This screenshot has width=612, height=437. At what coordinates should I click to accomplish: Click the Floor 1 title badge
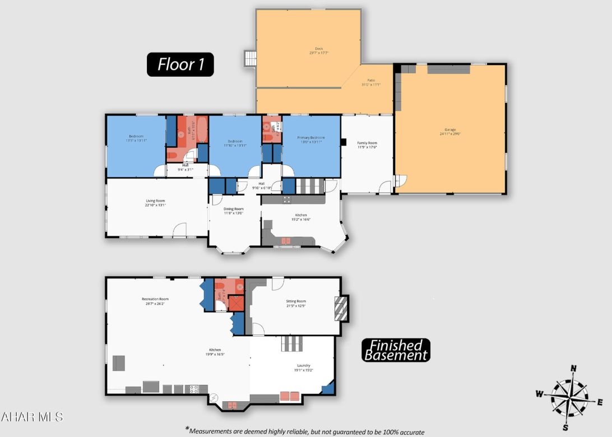[180, 64]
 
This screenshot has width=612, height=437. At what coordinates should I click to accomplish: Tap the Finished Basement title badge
[396, 350]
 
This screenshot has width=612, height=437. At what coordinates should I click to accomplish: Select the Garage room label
[451, 132]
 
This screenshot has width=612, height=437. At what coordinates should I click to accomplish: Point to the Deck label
[319, 50]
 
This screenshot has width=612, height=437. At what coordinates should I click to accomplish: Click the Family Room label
[367, 145]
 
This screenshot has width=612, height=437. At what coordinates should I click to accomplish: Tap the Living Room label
[156, 202]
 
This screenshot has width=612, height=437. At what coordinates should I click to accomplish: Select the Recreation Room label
[155, 301]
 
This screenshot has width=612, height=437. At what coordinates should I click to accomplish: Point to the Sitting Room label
[296, 303]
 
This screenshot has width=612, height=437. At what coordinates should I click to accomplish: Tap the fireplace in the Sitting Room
[341, 308]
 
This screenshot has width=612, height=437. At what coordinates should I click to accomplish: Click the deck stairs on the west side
[250, 58]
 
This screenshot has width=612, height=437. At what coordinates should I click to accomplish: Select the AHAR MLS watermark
[32, 417]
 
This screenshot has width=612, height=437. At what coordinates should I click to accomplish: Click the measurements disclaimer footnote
[305, 431]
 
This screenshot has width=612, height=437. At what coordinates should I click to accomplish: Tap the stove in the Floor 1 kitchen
[287, 199]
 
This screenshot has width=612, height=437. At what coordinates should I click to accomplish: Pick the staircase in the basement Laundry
[292, 343]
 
